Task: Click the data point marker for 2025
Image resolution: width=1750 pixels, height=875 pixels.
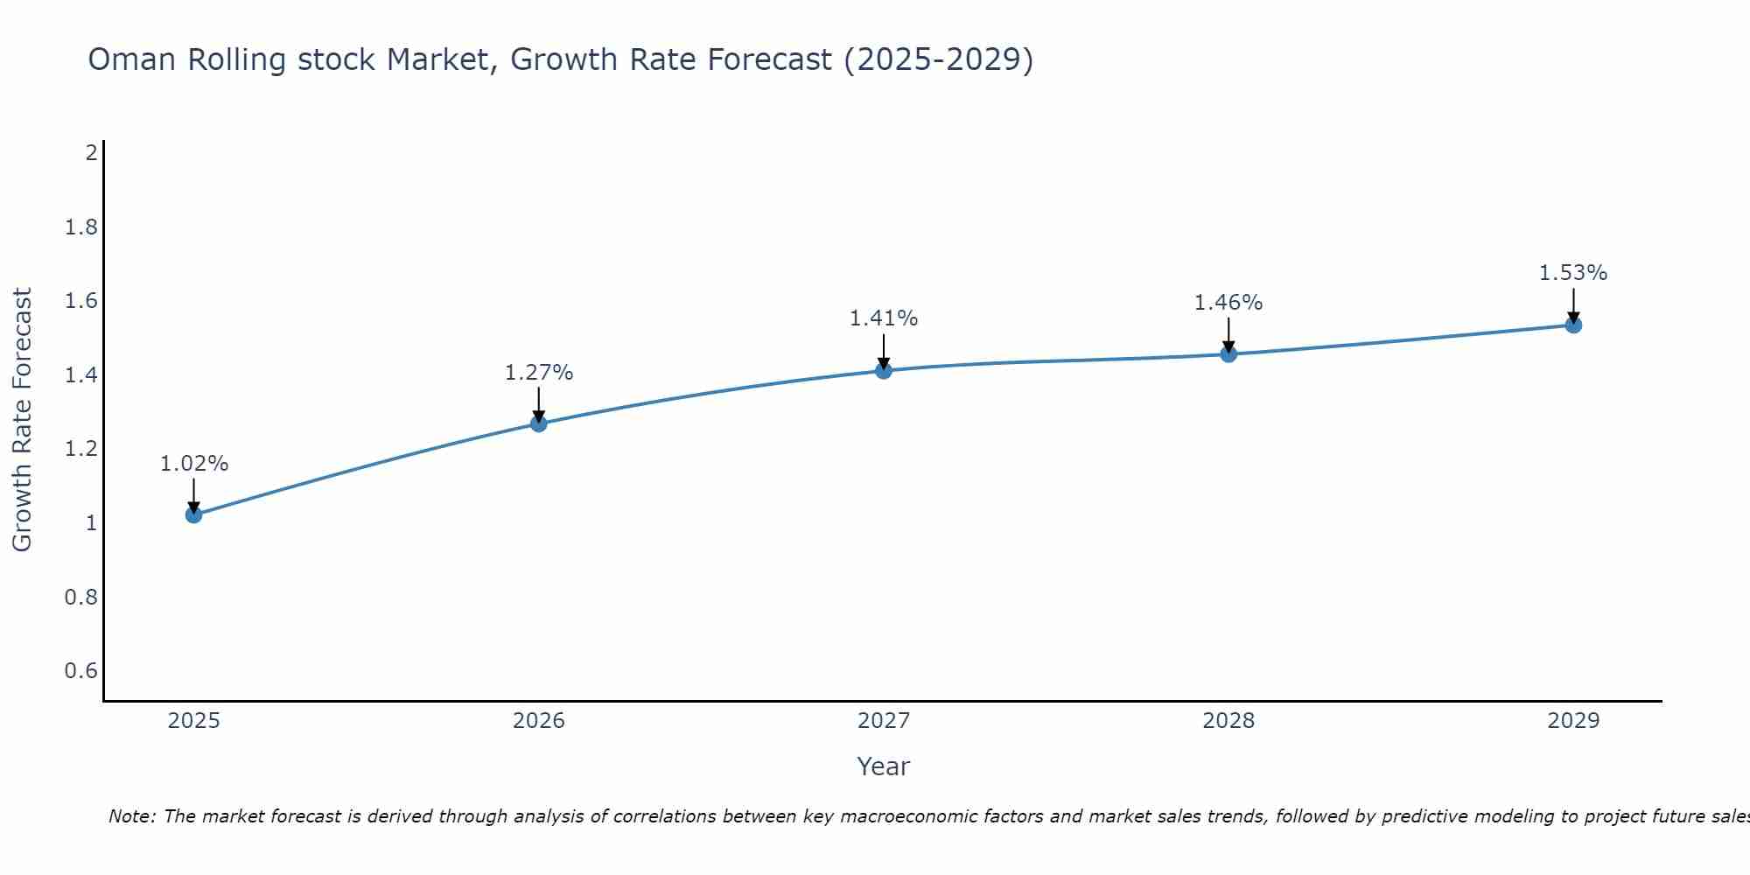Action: (x=193, y=514)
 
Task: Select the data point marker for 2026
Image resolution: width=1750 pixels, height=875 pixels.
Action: (x=538, y=423)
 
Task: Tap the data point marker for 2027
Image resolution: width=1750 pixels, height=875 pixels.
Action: (x=883, y=370)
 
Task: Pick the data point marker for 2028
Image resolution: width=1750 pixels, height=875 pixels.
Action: (x=1228, y=353)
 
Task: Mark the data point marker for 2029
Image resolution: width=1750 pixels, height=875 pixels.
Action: (x=1572, y=325)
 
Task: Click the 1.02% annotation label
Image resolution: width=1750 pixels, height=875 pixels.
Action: (x=193, y=464)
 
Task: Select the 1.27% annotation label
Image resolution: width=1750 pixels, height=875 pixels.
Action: (x=538, y=373)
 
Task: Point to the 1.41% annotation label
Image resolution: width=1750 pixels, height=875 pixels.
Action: (x=883, y=318)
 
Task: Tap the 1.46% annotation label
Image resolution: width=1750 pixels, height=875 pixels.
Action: (x=1228, y=303)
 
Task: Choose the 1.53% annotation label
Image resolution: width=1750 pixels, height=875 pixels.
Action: (x=1572, y=273)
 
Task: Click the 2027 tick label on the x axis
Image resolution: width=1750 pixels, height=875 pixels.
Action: (x=883, y=721)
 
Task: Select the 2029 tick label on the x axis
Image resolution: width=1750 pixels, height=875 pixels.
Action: (x=1572, y=721)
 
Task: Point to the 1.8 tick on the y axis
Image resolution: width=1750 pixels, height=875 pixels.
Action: (x=80, y=227)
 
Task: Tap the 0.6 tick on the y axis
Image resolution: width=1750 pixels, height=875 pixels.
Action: (x=80, y=671)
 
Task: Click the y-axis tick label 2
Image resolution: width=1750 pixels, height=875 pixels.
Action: (x=91, y=153)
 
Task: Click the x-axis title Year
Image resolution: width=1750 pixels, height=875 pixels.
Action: (x=883, y=766)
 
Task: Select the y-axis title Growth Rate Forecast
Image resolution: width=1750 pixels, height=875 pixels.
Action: (x=22, y=420)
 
